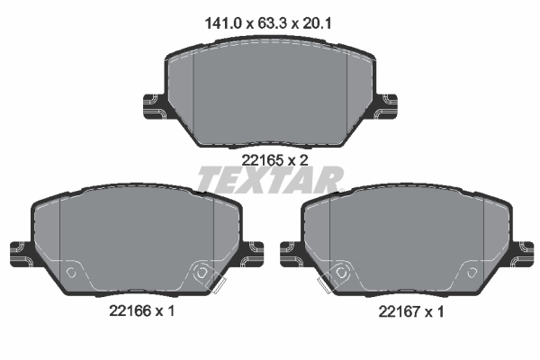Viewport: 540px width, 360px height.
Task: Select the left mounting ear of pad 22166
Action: click(20, 251)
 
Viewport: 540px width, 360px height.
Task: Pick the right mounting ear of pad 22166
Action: click(251, 251)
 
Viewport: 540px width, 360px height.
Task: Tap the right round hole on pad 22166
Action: click(202, 271)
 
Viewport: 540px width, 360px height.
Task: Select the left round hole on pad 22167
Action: click(340, 271)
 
